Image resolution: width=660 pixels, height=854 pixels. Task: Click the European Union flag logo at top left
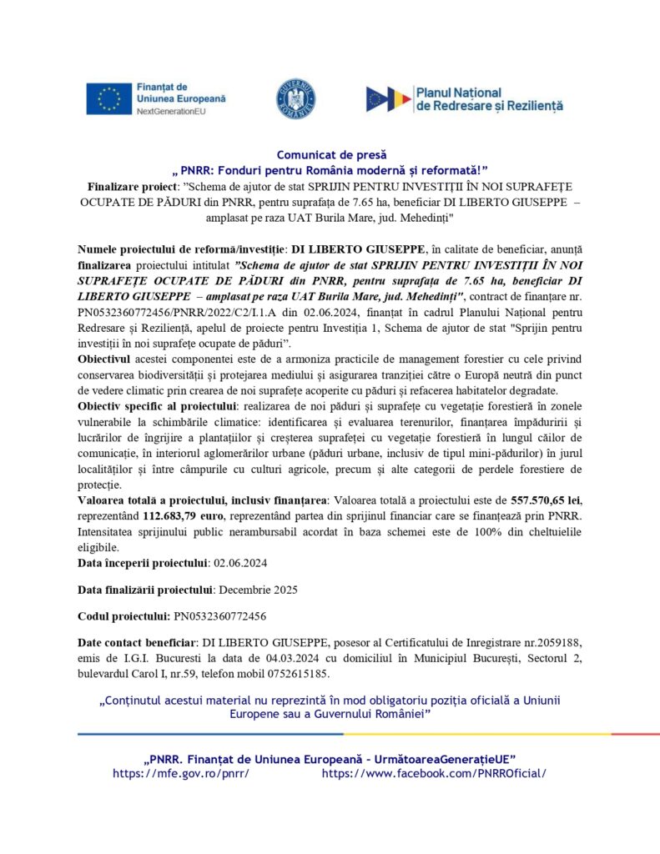click(108, 98)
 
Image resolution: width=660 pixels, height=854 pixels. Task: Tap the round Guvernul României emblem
click(295, 98)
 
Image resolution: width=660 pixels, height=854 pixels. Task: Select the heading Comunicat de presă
click(330, 154)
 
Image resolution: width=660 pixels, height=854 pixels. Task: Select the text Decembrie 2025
click(258, 590)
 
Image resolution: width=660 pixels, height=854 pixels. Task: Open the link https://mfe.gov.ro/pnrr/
click(181, 773)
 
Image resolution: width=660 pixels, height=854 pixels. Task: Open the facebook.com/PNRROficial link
click(434, 773)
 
